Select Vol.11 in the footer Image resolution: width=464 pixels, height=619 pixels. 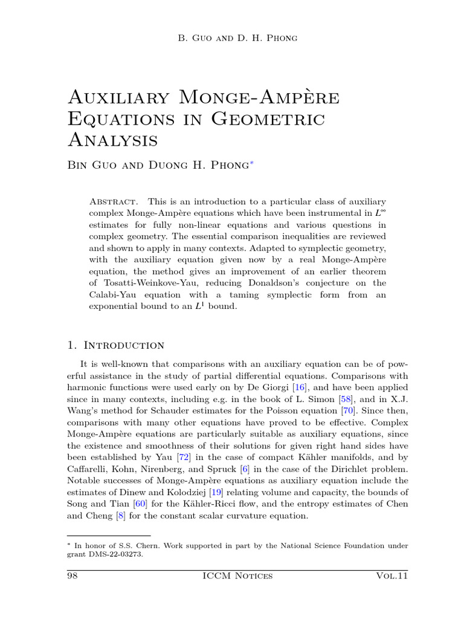(391, 576)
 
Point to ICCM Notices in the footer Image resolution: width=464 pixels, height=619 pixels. (239, 576)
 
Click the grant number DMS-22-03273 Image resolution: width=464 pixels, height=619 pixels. (115, 554)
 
